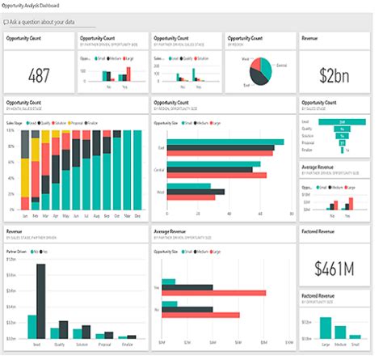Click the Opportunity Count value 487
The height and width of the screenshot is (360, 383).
click(39, 75)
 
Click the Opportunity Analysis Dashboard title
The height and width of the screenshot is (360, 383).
click(36, 6)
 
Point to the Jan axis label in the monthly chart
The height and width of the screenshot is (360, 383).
click(25, 218)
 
